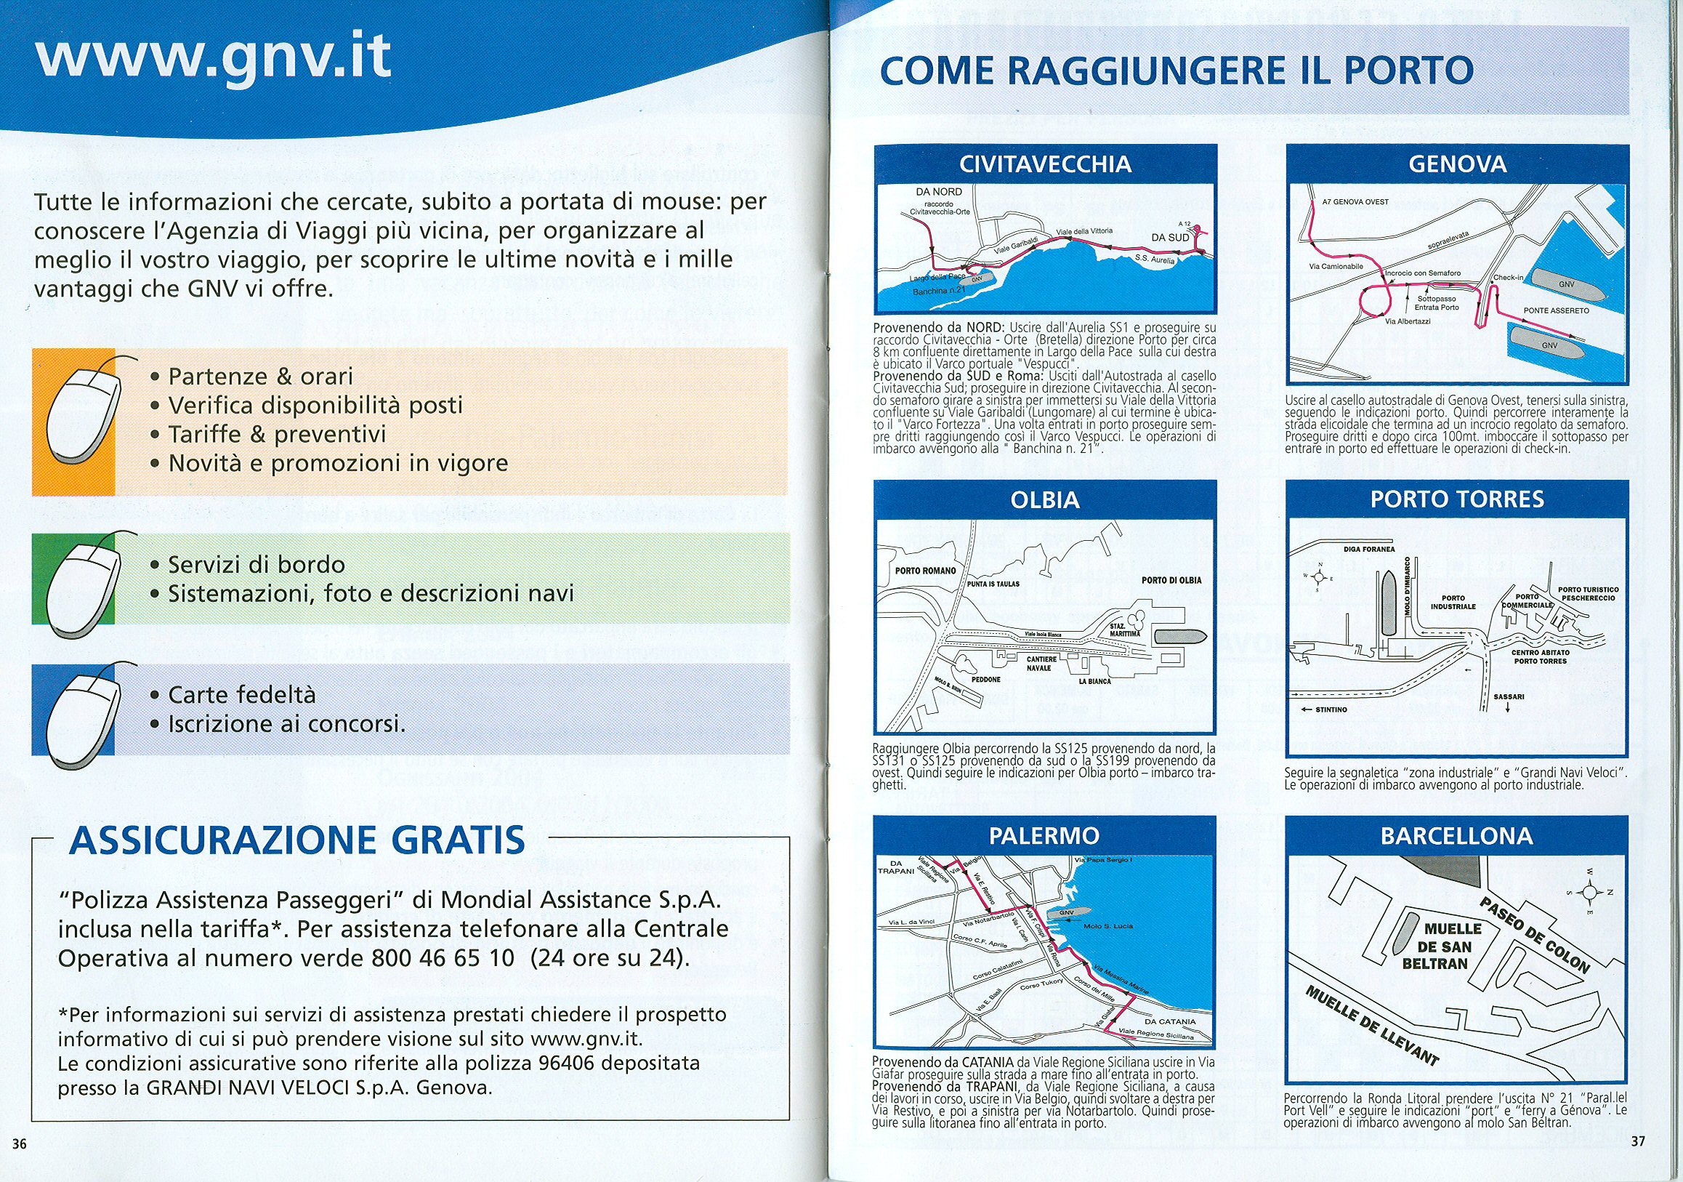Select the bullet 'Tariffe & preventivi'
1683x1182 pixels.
click(276, 435)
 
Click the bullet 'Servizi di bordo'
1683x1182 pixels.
click(256, 565)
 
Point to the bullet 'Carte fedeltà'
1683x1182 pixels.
click(241, 694)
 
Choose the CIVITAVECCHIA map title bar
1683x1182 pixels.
click(1045, 164)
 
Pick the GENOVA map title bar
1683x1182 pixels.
click(1457, 164)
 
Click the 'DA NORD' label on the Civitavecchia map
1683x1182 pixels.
click(939, 192)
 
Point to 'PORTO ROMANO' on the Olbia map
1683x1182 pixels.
click(926, 571)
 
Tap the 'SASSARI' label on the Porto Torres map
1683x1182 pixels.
click(1509, 696)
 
